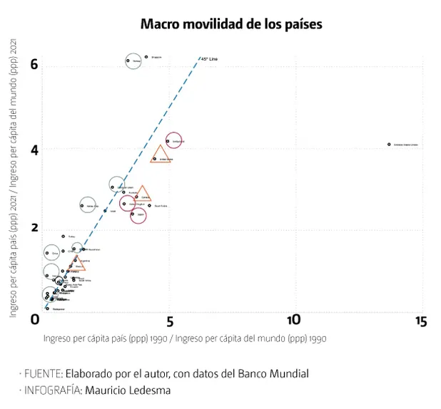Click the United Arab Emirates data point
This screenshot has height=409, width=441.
389,144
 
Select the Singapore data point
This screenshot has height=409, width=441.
146,56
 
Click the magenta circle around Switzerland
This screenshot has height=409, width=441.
173,141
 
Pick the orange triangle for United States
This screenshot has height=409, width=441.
161,155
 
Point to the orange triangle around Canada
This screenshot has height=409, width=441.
142,194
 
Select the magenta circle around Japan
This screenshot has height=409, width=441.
138,214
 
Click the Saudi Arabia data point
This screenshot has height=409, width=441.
149,205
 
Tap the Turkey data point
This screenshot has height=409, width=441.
63,236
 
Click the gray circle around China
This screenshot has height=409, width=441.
51,253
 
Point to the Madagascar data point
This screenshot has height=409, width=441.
47,309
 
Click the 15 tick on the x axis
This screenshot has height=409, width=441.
420,321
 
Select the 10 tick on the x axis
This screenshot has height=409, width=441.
293,321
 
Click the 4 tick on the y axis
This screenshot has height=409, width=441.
33,150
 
